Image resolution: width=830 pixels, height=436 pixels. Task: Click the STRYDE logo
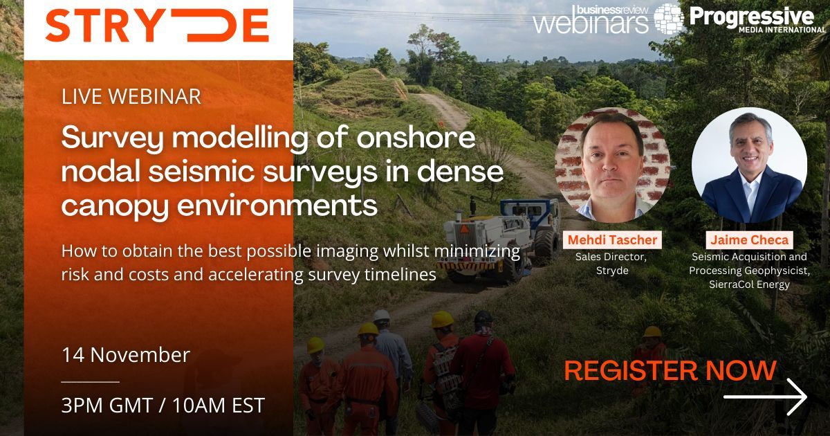(157, 26)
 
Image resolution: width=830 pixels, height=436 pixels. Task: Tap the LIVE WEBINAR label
(131, 96)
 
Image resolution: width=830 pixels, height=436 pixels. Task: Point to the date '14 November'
(125, 355)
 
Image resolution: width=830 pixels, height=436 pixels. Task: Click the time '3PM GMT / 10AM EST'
(163, 405)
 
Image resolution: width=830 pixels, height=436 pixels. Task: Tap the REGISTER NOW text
(670, 371)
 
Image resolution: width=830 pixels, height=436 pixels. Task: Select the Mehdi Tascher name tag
(612, 240)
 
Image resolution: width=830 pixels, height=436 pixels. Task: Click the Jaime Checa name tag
(748, 240)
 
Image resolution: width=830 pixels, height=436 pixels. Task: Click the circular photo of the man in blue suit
(749, 165)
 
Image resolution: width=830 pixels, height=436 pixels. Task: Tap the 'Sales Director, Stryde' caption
(612, 263)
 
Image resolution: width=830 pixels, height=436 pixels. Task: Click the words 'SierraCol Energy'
(749, 284)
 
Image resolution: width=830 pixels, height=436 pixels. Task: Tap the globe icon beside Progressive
(669, 19)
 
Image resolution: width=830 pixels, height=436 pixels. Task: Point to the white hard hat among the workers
(381, 316)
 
